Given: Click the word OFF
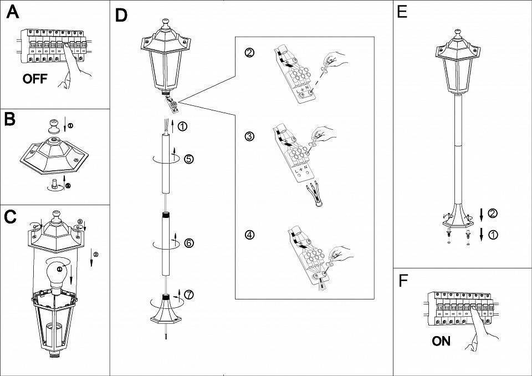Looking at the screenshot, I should pyautogui.click(x=34, y=79).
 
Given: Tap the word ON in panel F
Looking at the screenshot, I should pyautogui.click(x=441, y=341).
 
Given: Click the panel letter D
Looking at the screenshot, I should pyautogui.click(x=121, y=16).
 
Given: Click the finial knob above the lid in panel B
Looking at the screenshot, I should pyautogui.click(x=55, y=124).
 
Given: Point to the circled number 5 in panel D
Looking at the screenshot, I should pyautogui.click(x=189, y=159).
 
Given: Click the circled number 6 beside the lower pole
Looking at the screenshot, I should pyautogui.click(x=189, y=242).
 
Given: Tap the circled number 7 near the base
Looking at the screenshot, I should pyautogui.click(x=189, y=294).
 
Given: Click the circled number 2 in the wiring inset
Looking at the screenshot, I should pyautogui.click(x=250, y=53).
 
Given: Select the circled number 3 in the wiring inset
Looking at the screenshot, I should pyautogui.click(x=250, y=136).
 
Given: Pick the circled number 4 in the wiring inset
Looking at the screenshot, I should pyautogui.click(x=250, y=235).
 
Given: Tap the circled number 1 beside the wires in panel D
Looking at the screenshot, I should pyautogui.click(x=183, y=126).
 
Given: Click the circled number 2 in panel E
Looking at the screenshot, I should pyautogui.click(x=493, y=213).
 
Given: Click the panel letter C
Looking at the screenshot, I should pyautogui.click(x=10, y=217).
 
